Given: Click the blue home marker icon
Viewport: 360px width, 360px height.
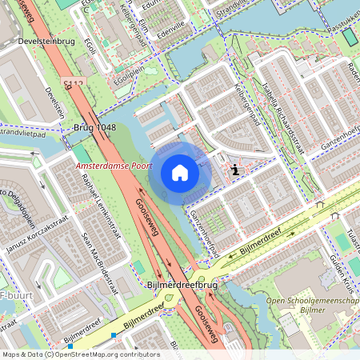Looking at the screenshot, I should pos(180,173).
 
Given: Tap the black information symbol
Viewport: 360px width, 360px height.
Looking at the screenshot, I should pos(234,170).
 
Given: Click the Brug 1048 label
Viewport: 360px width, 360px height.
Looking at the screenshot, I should pos(94,128).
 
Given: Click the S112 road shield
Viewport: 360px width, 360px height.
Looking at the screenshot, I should pos(73,82).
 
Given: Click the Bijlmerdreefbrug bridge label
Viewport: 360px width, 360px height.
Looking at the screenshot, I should pos(183,284).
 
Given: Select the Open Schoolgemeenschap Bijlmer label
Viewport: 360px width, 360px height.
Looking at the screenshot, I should pos(312,306).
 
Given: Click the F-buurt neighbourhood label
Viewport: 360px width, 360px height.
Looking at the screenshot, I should pos(14,303).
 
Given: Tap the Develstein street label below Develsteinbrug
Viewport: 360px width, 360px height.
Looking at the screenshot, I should pos(55,102).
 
